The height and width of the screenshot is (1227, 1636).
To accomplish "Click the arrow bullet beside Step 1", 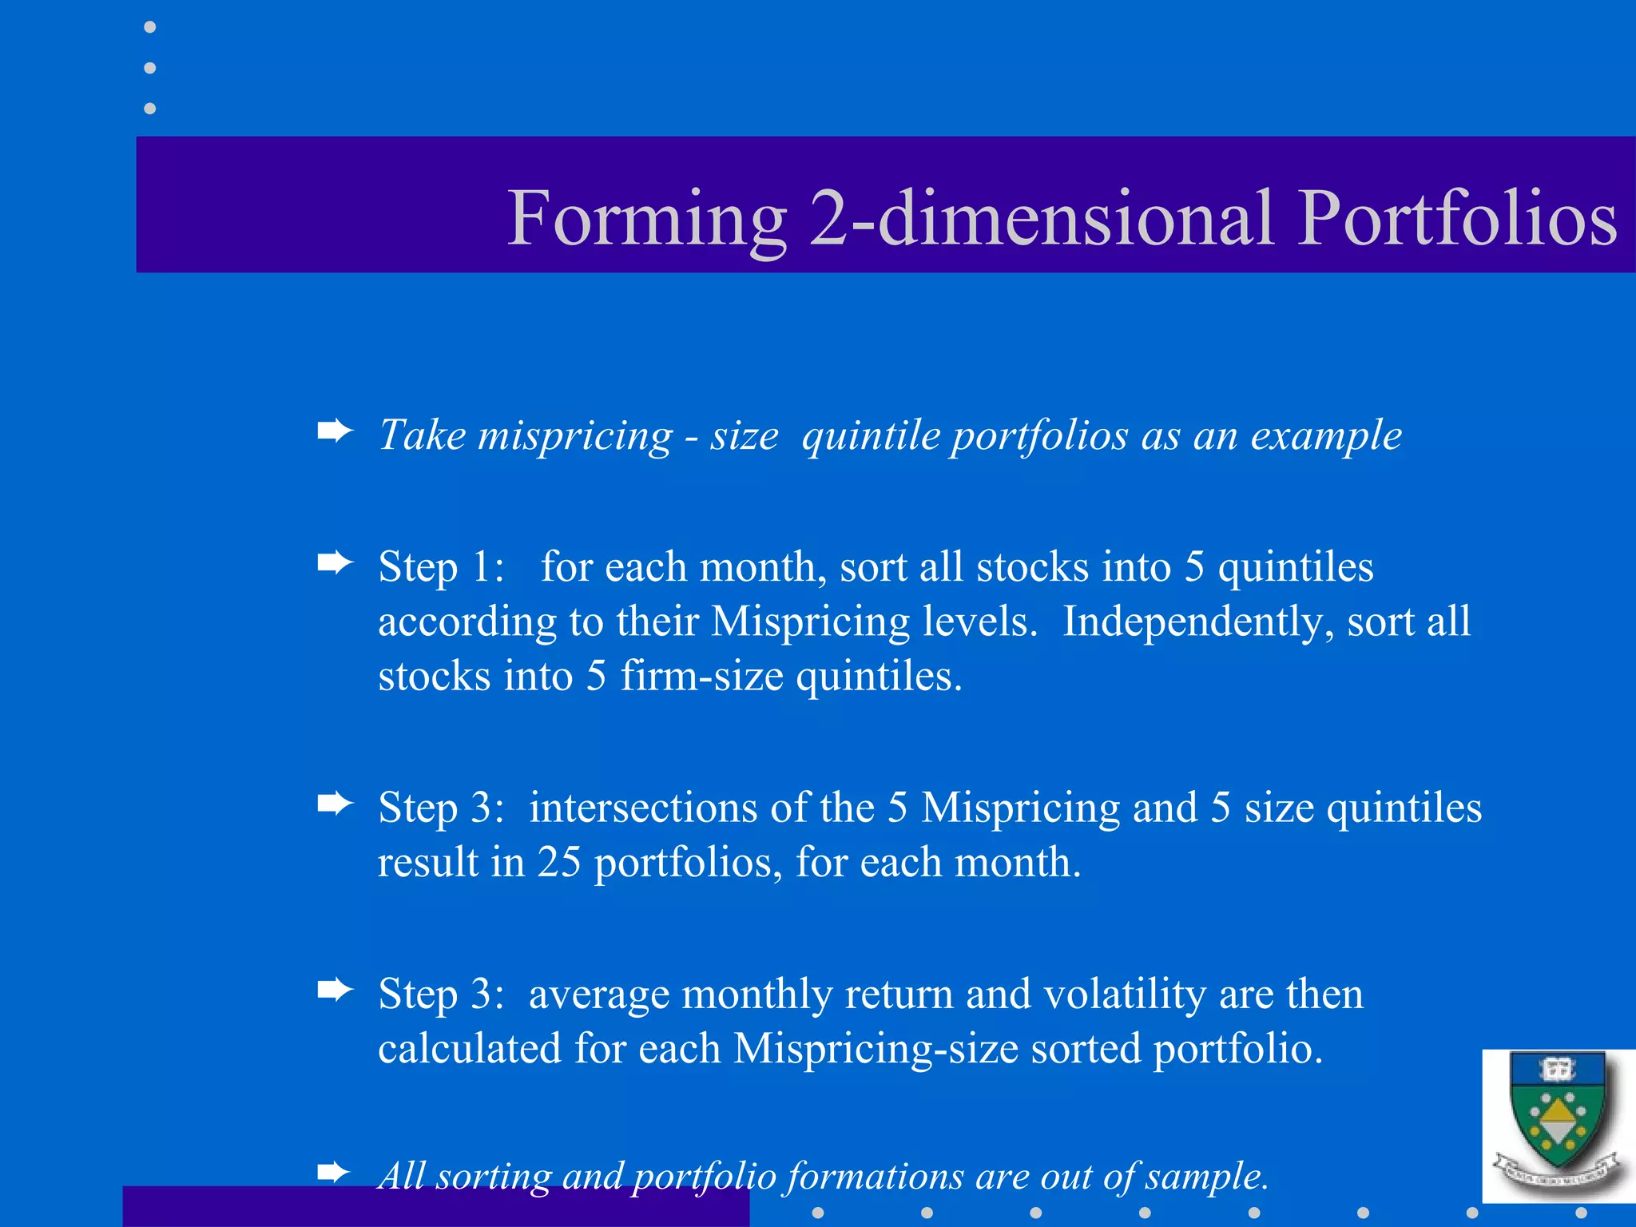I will pyautogui.click(x=335, y=563).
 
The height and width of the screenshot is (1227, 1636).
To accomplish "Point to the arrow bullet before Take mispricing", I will pyautogui.click(x=335, y=432).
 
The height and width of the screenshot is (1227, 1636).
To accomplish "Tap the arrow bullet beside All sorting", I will pyautogui.click(x=335, y=1173).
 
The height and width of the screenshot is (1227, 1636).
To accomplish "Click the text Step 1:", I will pyautogui.click(x=441, y=567).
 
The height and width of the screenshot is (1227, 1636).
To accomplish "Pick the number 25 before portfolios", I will pyautogui.click(x=558, y=863).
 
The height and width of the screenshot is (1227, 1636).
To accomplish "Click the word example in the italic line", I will pyautogui.click(x=1325, y=436).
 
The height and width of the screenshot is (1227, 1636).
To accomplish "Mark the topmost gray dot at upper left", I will pyautogui.click(x=149, y=27).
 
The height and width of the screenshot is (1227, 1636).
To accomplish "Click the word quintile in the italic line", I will pyautogui.click(x=870, y=436).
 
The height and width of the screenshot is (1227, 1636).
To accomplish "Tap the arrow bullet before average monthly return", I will pyautogui.click(x=335, y=991).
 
